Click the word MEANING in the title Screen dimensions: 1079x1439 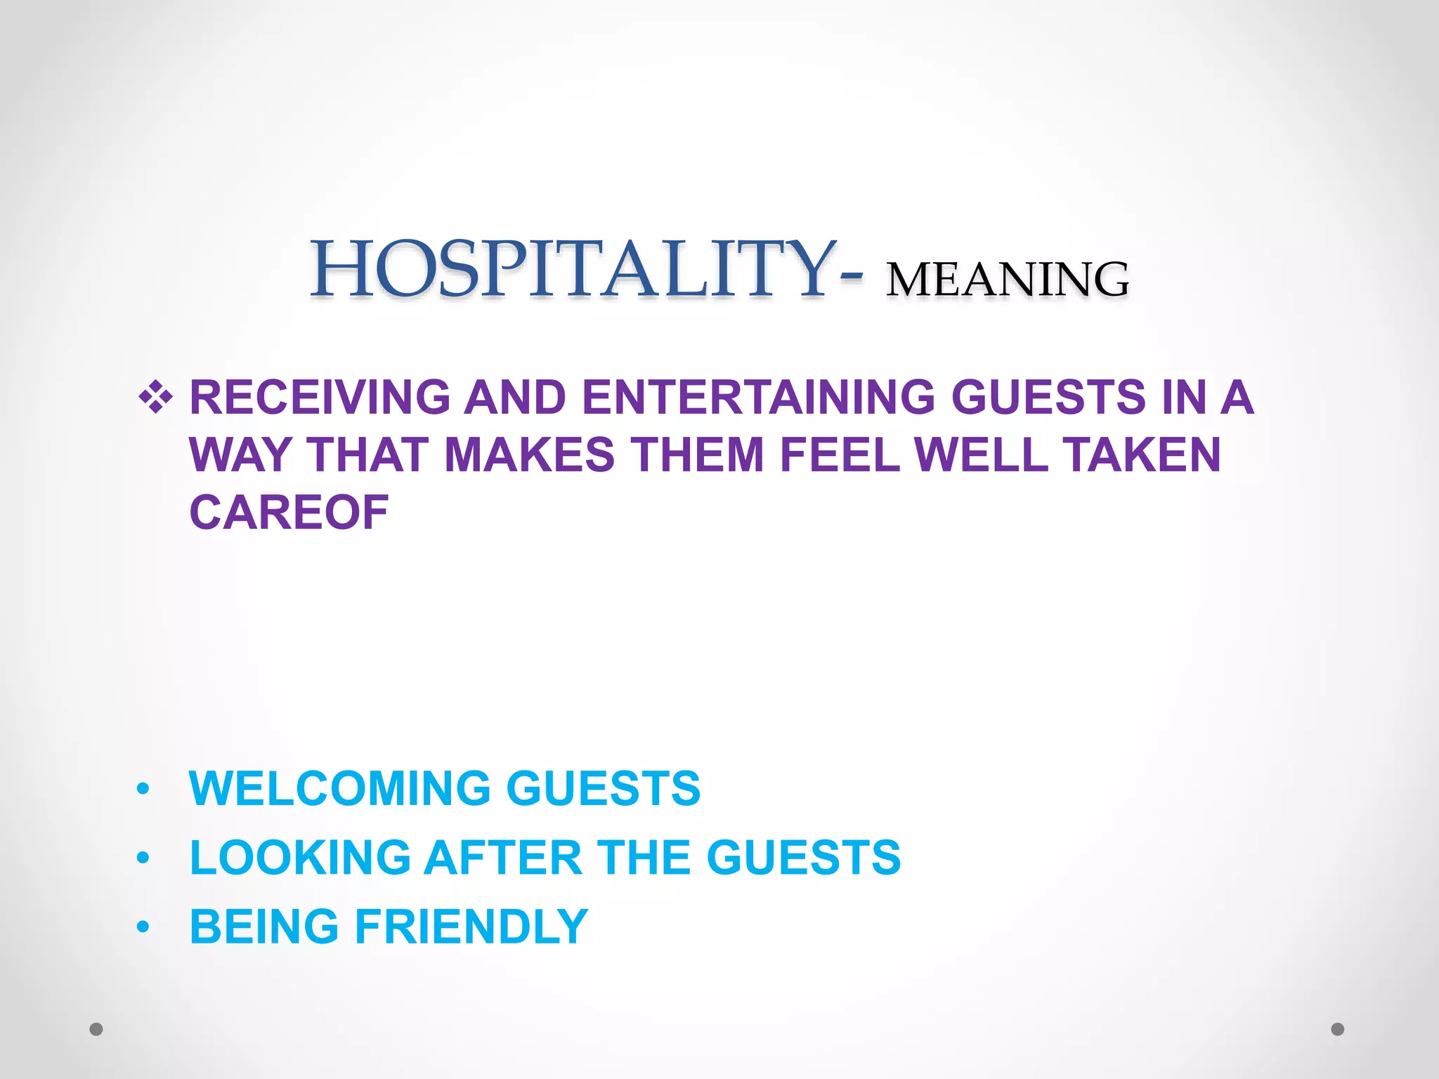[x=1007, y=280]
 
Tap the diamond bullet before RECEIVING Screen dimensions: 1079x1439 [x=155, y=398]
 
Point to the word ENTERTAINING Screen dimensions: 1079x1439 [x=758, y=398]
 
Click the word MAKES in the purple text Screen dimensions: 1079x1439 [x=530, y=455]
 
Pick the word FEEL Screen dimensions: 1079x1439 [x=840, y=455]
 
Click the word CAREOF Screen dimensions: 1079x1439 [x=289, y=512]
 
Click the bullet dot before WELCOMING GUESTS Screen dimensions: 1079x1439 [x=143, y=790]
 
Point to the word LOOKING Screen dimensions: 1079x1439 [x=300, y=858]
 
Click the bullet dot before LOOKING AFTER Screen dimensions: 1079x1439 [x=143, y=858]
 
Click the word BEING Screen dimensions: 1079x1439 [x=264, y=927]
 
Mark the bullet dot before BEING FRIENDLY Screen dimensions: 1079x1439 [x=143, y=927]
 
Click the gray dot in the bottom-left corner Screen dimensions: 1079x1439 [x=96, y=1029]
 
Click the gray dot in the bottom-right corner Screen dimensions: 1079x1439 [x=1338, y=1029]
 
